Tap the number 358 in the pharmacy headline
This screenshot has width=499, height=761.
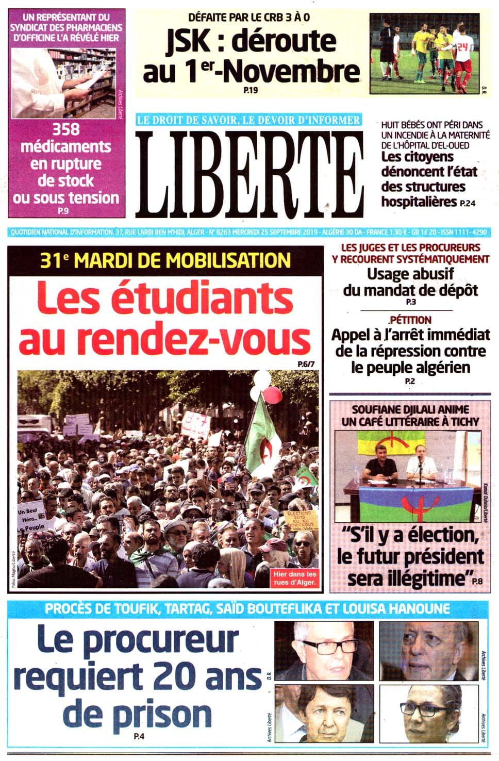[65, 129]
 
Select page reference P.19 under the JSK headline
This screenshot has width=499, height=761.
[250, 91]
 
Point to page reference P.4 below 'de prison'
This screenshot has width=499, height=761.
[138, 737]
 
